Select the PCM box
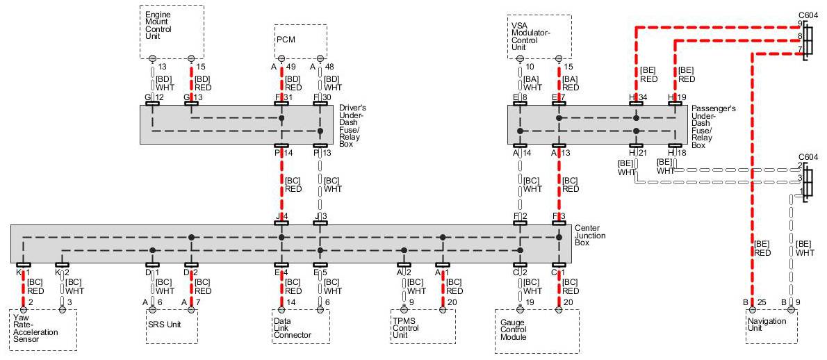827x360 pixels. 300,41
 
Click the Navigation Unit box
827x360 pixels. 771,326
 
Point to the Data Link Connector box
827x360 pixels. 300,326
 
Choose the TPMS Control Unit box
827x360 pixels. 423,326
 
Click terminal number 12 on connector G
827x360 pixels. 159,97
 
